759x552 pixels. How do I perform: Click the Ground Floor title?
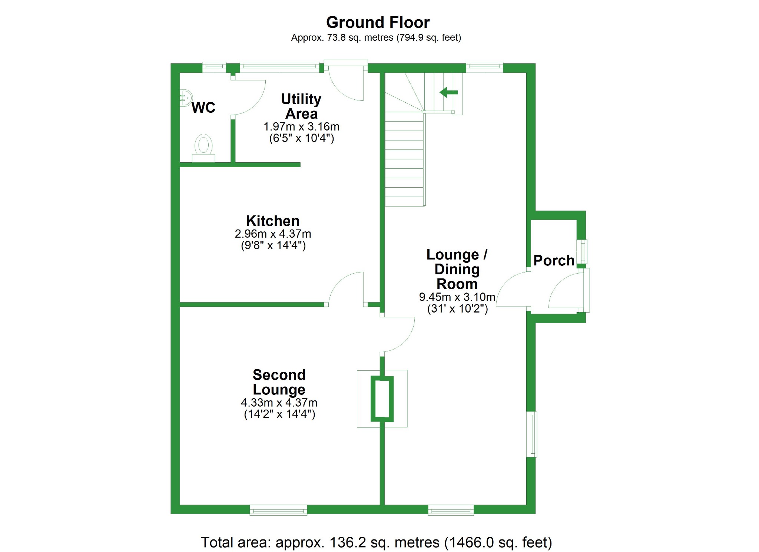click(x=378, y=23)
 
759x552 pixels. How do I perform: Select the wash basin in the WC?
click(x=185, y=98)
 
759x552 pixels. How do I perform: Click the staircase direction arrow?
click(x=449, y=92)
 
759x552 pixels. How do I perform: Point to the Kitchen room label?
click(x=273, y=221)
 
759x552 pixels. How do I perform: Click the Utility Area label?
click(x=301, y=106)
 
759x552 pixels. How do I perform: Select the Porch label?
click(x=554, y=261)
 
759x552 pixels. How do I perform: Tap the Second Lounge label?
click(x=279, y=382)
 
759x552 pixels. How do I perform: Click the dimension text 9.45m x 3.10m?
click(x=457, y=297)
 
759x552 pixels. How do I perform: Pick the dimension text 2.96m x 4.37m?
click(x=273, y=234)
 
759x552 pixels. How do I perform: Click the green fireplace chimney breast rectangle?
click(x=382, y=399)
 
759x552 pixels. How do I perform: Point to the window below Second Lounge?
click(x=278, y=510)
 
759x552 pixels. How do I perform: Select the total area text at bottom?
click(x=376, y=542)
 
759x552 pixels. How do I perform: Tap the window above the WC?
click(x=214, y=67)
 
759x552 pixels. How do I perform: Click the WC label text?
click(x=203, y=108)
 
